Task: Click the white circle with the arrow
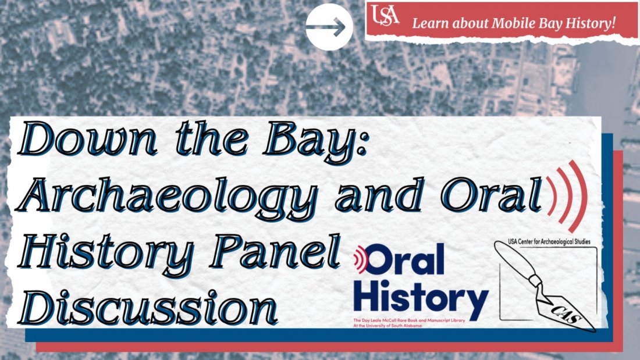pyautogui.click(x=329, y=27)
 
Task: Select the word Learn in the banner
pyautogui.click(x=429, y=24)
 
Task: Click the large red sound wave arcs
pyautogui.click(x=567, y=195)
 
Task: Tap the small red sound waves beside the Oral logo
pyautogui.click(x=361, y=259)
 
